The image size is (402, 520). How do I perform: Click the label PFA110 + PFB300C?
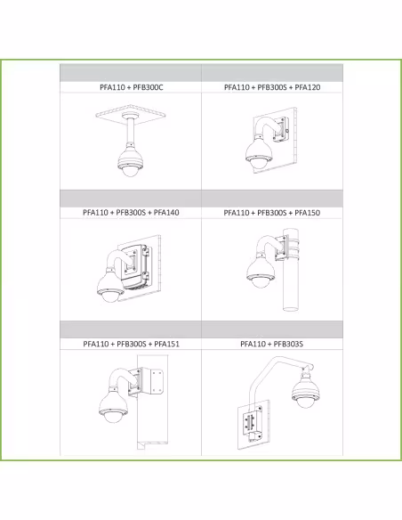[132, 87]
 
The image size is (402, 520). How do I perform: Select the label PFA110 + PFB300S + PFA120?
[272, 87]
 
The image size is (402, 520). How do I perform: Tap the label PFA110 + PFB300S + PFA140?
[131, 212]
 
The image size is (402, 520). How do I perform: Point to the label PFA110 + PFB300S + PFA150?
[272, 213]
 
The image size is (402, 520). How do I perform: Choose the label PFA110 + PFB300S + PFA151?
[131, 344]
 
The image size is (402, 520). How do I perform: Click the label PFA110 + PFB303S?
[271, 344]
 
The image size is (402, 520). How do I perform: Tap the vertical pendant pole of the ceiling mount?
[129, 130]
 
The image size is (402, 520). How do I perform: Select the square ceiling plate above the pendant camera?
[131, 115]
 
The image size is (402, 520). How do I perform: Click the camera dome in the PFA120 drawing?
[259, 163]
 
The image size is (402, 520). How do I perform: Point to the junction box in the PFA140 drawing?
[136, 265]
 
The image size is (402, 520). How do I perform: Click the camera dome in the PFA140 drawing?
[110, 295]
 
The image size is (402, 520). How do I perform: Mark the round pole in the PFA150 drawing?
[292, 269]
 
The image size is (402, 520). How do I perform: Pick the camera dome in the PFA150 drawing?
[261, 281]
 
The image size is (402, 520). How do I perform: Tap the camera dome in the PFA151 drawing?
[114, 416]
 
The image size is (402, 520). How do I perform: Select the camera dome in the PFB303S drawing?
[306, 402]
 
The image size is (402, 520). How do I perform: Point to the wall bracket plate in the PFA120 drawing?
[282, 130]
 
